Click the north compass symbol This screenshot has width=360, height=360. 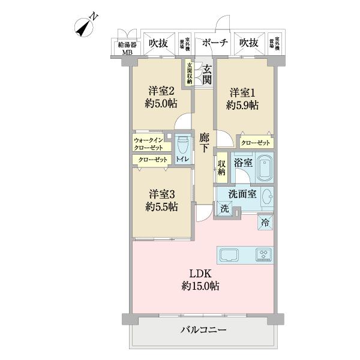[x=86, y=25]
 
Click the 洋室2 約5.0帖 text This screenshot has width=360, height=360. [x=161, y=97]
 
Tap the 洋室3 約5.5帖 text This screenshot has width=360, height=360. [x=161, y=200]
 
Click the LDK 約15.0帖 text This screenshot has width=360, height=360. [x=202, y=280]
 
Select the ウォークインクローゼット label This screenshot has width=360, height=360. [x=149, y=143]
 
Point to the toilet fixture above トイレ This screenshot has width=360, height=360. [x=183, y=145]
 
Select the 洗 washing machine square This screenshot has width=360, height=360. [x=224, y=209]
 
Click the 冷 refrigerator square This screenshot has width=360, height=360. [x=265, y=222]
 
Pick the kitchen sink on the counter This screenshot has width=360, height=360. [x=230, y=254]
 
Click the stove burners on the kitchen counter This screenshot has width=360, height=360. [x=263, y=254]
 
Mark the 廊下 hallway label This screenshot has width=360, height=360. [x=204, y=142]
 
